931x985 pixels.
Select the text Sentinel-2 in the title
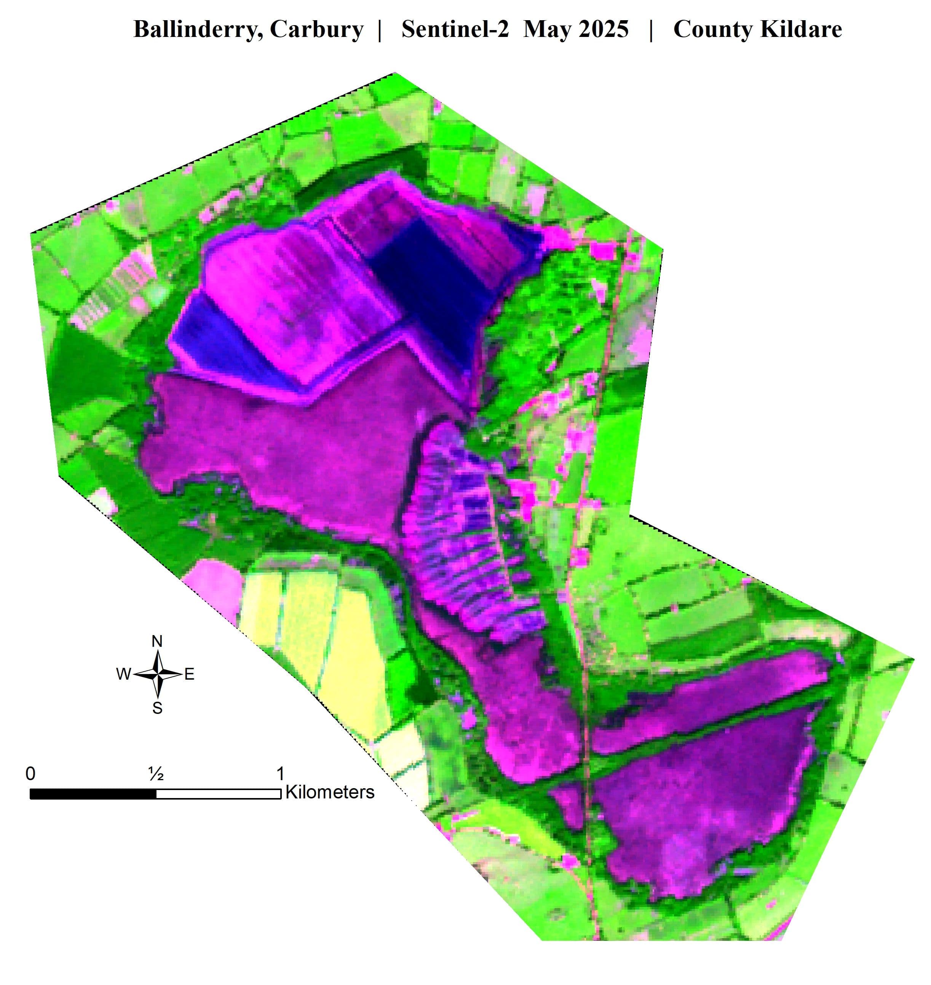coord(455,29)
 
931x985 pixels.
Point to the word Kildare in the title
coord(801,29)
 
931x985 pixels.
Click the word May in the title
coord(546,29)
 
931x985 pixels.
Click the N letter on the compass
coord(157,642)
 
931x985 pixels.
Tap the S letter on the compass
coord(157,708)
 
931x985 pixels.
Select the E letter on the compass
coord(189,674)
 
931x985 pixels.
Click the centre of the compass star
coord(157,674)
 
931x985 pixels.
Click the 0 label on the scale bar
coord(31,774)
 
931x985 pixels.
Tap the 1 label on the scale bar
coord(280,774)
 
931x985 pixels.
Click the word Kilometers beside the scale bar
coord(330,792)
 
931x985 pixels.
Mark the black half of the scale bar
coord(93,794)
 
